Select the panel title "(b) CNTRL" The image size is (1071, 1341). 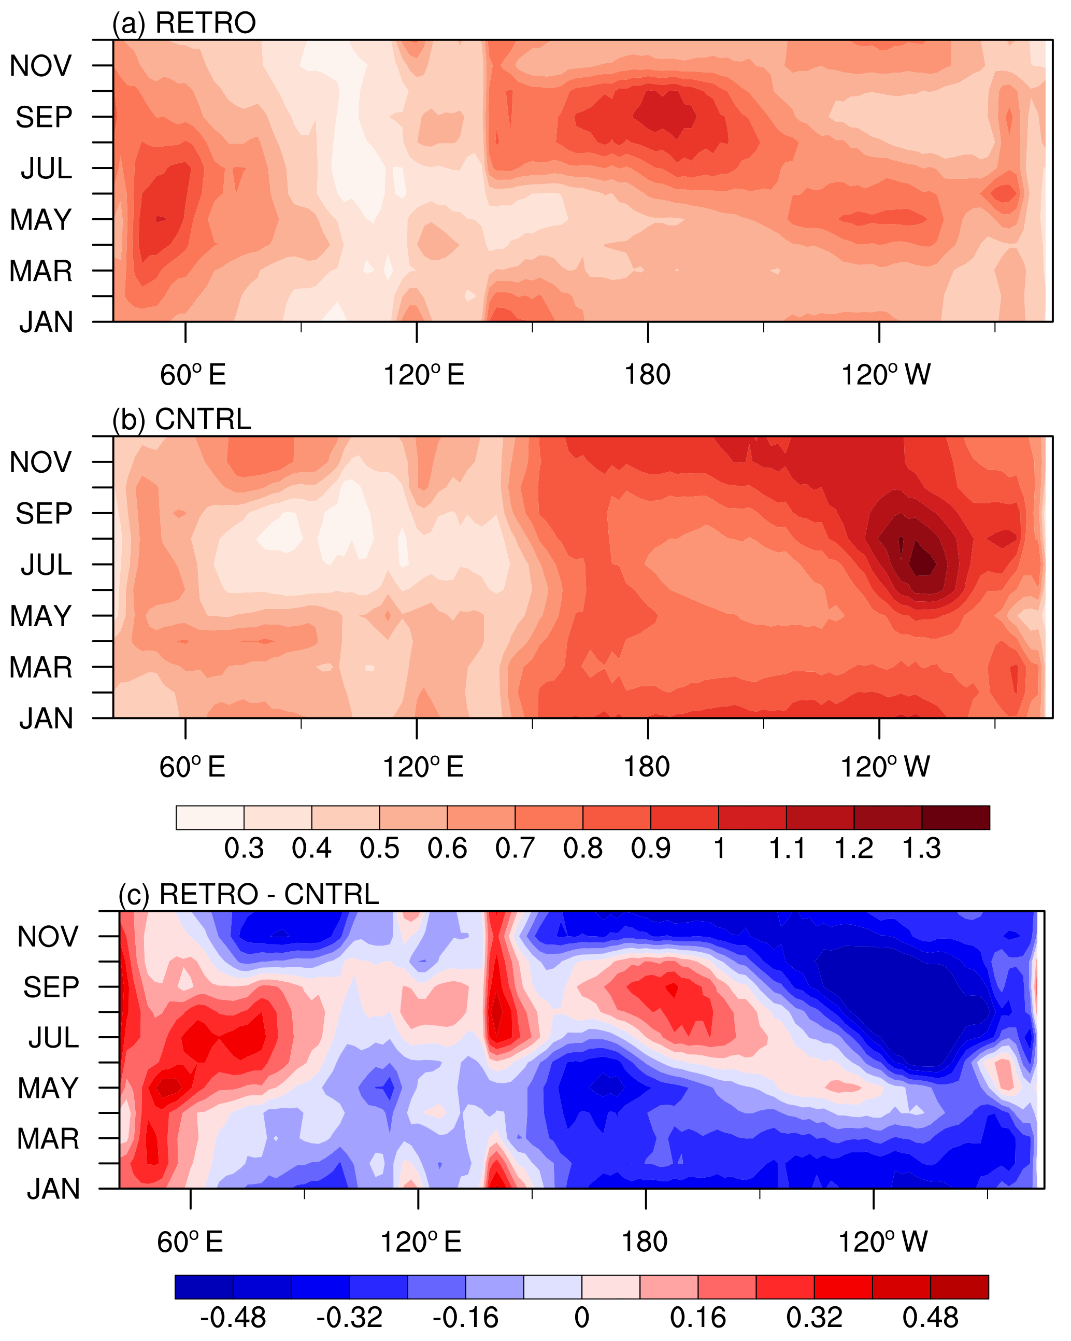(x=181, y=420)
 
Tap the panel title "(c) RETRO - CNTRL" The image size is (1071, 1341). (x=249, y=894)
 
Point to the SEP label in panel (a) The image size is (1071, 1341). (x=44, y=117)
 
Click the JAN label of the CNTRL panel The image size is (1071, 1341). (x=47, y=718)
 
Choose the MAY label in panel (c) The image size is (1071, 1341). (x=48, y=1088)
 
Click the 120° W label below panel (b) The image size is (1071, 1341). (x=884, y=767)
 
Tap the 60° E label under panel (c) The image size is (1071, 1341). (x=190, y=1242)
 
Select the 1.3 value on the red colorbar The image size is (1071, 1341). (x=921, y=849)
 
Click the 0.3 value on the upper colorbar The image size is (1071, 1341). (x=244, y=849)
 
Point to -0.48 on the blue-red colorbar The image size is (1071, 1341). (x=233, y=1317)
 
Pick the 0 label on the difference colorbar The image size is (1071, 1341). (x=581, y=1317)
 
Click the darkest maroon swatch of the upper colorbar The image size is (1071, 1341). (x=955, y=817)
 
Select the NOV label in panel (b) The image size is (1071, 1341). (x=40, y=462)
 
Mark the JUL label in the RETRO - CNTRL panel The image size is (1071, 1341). (x=53, y=1037)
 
